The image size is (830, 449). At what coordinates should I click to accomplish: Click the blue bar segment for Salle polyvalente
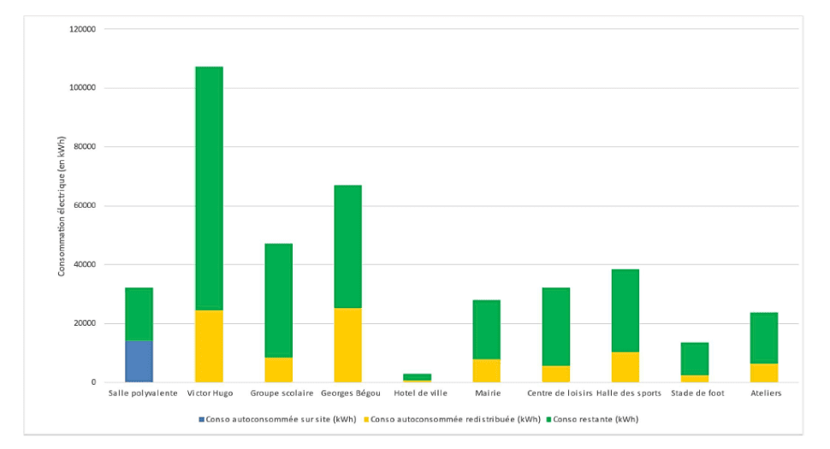(x=139, y=361)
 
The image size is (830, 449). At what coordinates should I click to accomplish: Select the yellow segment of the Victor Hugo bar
(x=209, y=346)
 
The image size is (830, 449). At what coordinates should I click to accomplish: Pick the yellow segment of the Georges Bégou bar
(x=347, y=345)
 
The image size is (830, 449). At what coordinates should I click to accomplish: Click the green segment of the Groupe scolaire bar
(x=278, y=300)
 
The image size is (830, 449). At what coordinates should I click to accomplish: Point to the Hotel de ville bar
(x=417, y=376)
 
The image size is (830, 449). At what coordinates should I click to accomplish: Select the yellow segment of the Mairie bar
(x=486, y=370)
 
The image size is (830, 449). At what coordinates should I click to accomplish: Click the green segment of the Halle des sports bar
(x=625, y=310)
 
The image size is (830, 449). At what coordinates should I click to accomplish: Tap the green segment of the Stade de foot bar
(x=694, y=358)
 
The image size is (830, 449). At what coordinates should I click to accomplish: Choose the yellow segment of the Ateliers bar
(x=763, y=373)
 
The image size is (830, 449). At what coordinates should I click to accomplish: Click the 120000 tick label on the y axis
(x=82, y=29)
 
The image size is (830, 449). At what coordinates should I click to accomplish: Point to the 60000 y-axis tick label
(x=85, y=205)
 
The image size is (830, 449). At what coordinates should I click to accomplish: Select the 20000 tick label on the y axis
(x=85, y=323)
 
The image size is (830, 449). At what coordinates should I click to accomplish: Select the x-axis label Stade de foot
(x=694, y=393)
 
